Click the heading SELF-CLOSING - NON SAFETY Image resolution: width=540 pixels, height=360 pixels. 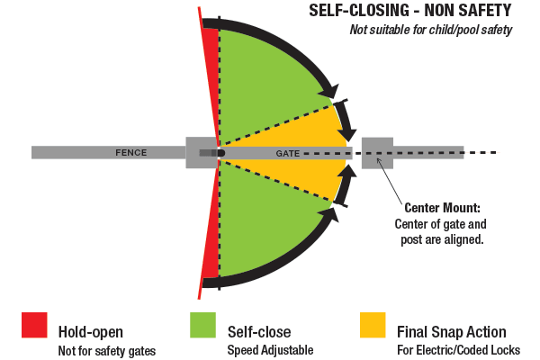coord(409,12)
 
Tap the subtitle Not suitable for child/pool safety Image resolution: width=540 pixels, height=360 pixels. coord(430,31)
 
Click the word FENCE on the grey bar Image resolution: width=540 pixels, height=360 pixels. coord(130,153)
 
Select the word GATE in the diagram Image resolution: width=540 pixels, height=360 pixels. coord(288,154)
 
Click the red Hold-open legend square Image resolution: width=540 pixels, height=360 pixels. coord(34,325)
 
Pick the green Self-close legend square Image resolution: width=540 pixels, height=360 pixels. coord(202,325)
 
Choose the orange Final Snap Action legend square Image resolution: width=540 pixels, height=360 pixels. coord(372,325)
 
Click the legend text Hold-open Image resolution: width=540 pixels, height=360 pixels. coord(91,332)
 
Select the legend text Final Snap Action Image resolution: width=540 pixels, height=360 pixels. coord(451,332)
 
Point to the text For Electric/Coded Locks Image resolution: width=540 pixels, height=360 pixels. coord(456,350)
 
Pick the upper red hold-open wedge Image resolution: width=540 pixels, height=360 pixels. coord(211,81)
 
